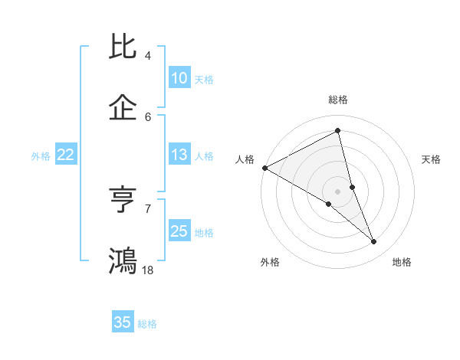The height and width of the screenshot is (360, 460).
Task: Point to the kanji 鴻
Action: (x=123, y=260)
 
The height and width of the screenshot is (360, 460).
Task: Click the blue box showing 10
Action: (x=179, y=78)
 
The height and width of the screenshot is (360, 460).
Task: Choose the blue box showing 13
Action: (x=179, y=155)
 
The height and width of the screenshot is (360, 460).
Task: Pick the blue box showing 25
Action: (x=179, y=231)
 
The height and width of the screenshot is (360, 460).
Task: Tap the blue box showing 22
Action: (x=66, y=155)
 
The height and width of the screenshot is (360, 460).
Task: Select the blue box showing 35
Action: (x=123, y=322)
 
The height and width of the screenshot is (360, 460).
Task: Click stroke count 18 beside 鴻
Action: (x=148, y=270)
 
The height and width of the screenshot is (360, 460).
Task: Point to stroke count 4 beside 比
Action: (x=148, y=56)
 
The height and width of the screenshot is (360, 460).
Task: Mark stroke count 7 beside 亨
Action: (x=148, y=208)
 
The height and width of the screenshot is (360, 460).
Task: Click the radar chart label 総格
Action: (x=338, y=100)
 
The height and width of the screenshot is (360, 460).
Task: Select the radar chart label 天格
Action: (x=432, y=159)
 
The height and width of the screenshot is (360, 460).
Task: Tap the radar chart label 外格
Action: (x=270, y=263)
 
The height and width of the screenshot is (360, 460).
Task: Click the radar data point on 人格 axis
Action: (x=264, y=168)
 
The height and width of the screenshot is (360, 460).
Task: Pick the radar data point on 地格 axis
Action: (x=374, y=242)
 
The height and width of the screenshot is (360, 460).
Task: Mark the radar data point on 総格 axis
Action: (x=338, y=130)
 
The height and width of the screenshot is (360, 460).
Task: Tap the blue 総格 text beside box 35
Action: (x=147, y=324)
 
